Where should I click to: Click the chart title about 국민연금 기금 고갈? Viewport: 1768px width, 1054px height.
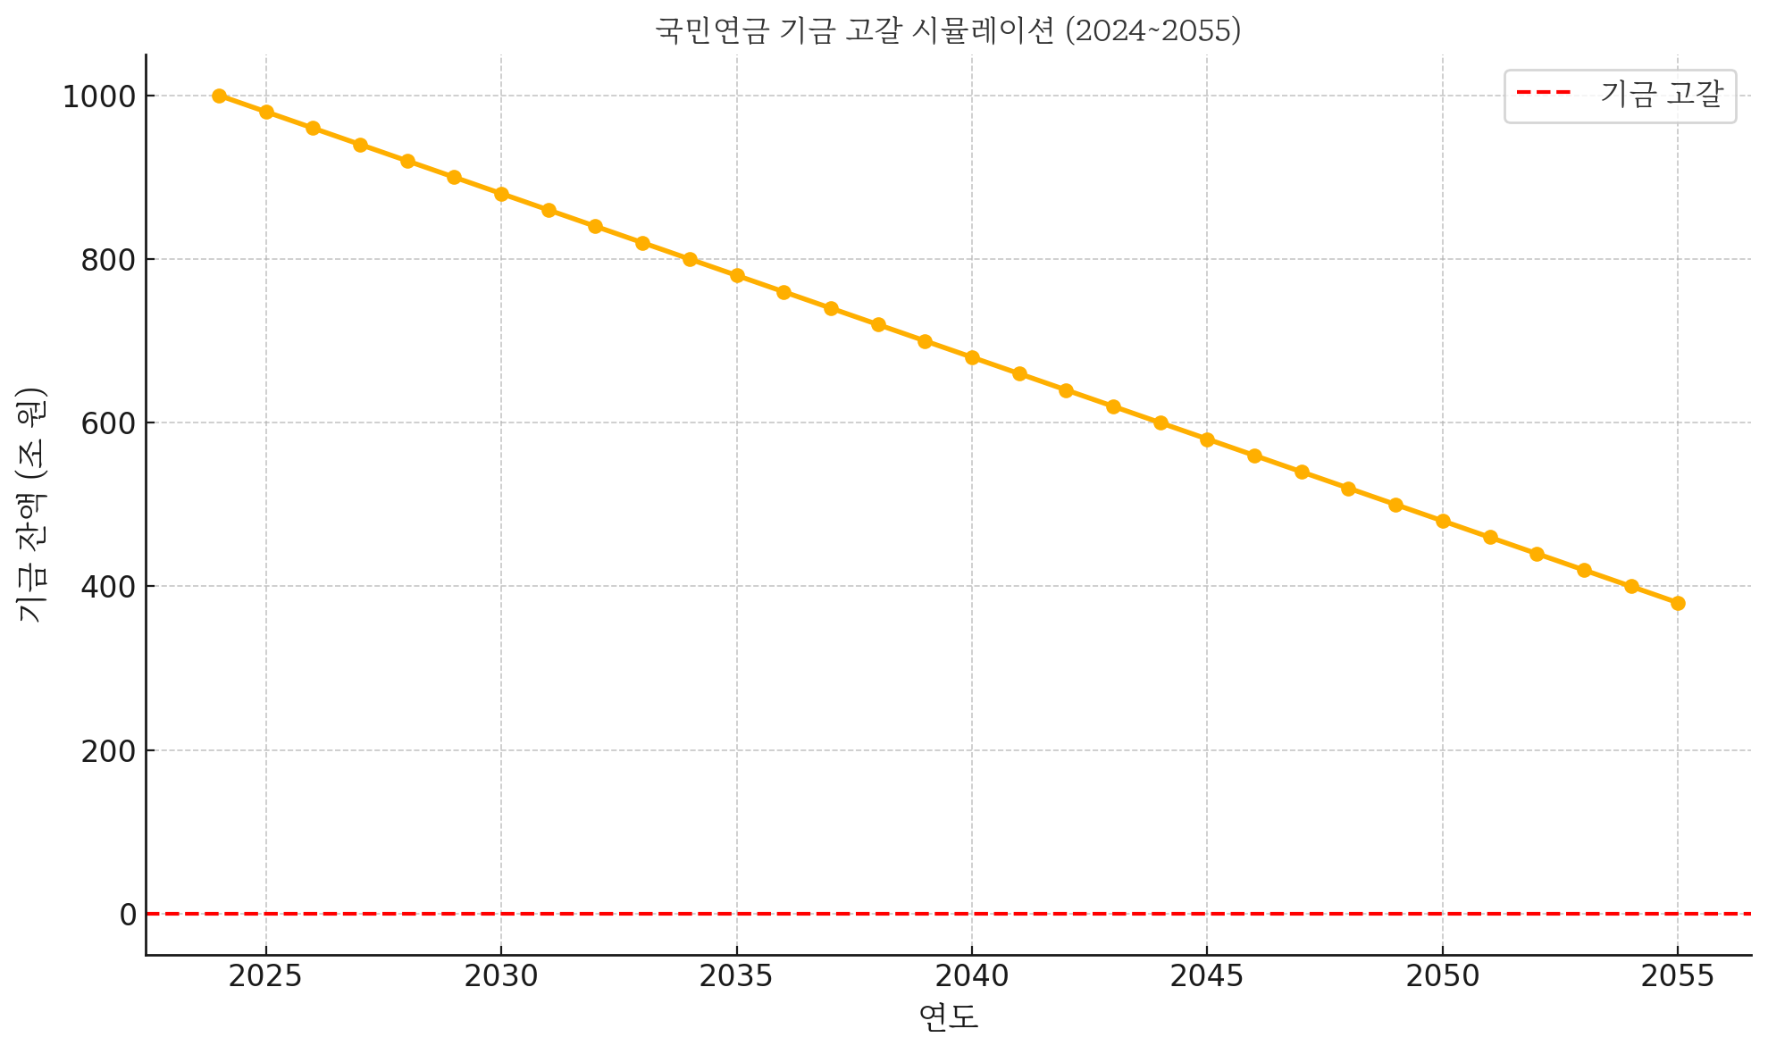(x=948, y=30)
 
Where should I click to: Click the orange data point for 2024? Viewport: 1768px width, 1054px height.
(x=219, y=96)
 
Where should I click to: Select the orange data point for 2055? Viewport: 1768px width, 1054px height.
(x=1678, y=603)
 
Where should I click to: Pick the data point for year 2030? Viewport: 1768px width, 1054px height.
(x=501, y=194)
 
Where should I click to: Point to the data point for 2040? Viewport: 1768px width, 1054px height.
(x=972, y=357)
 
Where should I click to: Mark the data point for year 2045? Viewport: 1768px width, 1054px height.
(x=1207, y=439)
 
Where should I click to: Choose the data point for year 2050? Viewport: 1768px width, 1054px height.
(x=1443, y=521)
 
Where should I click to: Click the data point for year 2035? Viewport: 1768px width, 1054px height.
(x=737, y=275)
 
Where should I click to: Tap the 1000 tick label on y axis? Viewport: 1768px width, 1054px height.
(x=98, y=96)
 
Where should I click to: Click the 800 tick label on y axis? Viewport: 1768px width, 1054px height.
(x=108, y=260)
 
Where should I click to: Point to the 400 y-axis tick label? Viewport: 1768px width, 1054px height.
(x=108, y=587)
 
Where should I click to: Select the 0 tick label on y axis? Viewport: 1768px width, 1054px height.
(x=128, y=915)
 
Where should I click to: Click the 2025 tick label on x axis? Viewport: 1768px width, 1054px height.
(x=265, y=977)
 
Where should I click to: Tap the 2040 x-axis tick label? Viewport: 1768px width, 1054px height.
(x=972, y=977)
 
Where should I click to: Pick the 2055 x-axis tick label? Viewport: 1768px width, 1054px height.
(x=1678, y=977)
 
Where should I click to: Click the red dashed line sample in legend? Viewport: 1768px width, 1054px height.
(x=1543, y=93)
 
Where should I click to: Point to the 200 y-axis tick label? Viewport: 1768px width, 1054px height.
(x=108, y=751)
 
